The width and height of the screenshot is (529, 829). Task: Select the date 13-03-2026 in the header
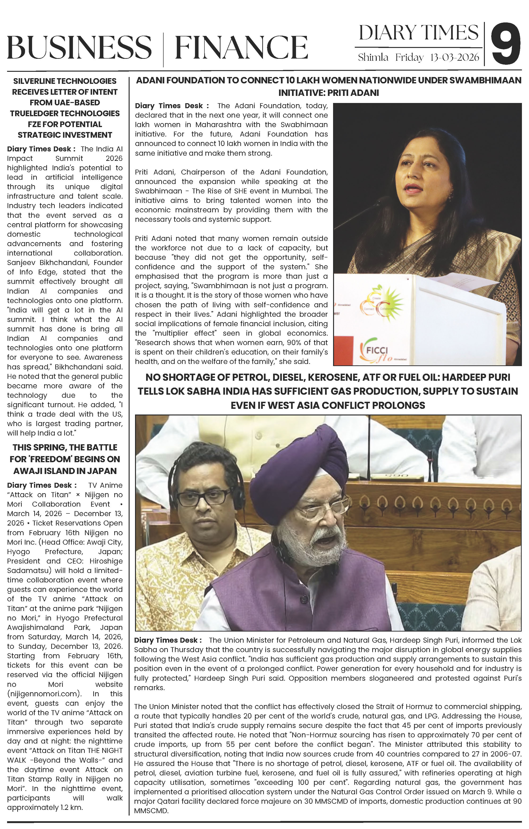pos(454,57)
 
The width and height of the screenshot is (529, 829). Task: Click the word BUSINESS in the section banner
pos(79,47)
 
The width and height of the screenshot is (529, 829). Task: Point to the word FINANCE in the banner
pos(241,47)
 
